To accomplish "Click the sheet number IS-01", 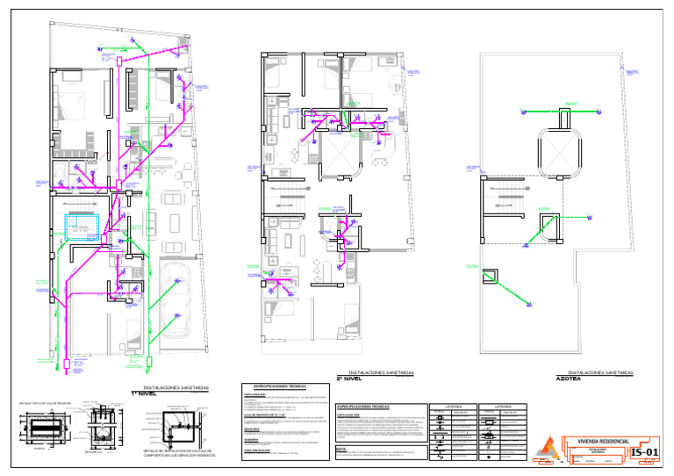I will tap(644, 453).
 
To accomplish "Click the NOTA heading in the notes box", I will tap(342, 448).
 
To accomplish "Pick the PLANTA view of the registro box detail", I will tap(39, 429).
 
